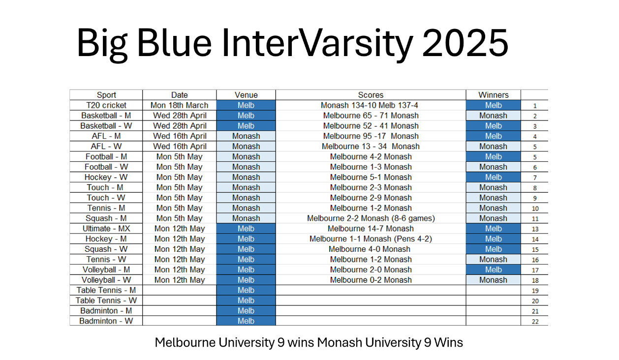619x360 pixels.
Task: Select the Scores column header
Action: [371, 95]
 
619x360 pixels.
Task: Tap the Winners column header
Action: [493, 95]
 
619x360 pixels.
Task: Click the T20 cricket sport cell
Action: [106, 105]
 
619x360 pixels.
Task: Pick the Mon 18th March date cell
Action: [179, 105]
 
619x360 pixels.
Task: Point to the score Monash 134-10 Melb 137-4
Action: [370, 105]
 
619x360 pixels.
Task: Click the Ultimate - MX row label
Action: [106, 229]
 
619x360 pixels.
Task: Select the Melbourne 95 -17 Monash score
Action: [371, 136]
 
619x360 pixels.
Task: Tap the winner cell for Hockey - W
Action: [493, 177]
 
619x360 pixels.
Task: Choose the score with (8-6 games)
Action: [371, 218]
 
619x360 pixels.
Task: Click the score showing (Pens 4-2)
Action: [371, 239]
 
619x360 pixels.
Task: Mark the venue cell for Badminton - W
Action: [246, 321]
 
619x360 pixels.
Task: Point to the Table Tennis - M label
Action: [106, 290]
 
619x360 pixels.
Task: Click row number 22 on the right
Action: [535, 322]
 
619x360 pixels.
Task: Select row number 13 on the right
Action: [535, 229]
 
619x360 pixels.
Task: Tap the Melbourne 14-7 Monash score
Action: [371, 229]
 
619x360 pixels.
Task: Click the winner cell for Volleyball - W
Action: [493, 280]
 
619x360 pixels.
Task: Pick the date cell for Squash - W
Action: [179, 249]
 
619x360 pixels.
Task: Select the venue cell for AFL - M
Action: [246, 136]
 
